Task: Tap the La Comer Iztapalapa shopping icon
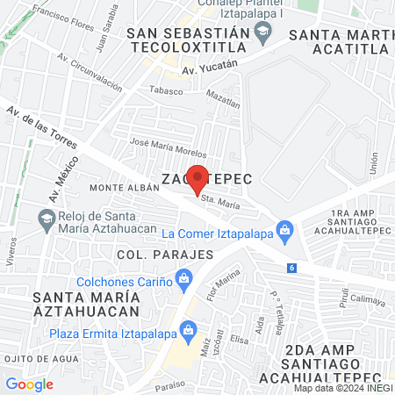[x=284, y=231]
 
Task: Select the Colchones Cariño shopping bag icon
[x=183, y=281]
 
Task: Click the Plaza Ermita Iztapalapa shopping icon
[x=186, y=331]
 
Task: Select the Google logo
[x=29, y=384]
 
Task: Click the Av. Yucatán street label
[x=210, y=67]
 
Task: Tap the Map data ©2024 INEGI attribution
[x=343, y=388]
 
